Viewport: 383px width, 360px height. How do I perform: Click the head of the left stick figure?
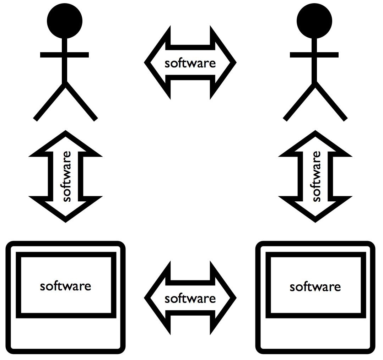coord(65,21)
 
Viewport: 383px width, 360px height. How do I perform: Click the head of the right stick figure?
coord(315,21)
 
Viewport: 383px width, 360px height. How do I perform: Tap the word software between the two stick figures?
coord(190,63)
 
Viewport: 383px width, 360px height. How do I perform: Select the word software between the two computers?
coord(190,299)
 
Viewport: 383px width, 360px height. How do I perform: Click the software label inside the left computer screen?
coord(66,286)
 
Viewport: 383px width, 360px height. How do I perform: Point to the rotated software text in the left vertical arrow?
coord(66,176)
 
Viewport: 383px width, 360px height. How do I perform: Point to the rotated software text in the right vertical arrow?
coord(316,176)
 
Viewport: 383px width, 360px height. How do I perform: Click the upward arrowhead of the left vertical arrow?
coord(65,144)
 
